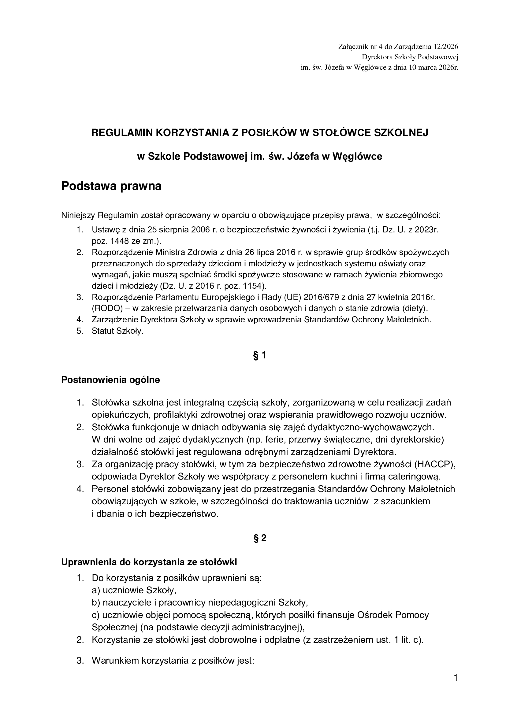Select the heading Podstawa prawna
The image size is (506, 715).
(x=111, y=186)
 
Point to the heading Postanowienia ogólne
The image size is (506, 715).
(x=110, y=380)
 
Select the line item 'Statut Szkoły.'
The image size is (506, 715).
(x=117, y=331)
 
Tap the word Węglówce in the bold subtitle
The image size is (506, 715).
(x=357, y=156)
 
